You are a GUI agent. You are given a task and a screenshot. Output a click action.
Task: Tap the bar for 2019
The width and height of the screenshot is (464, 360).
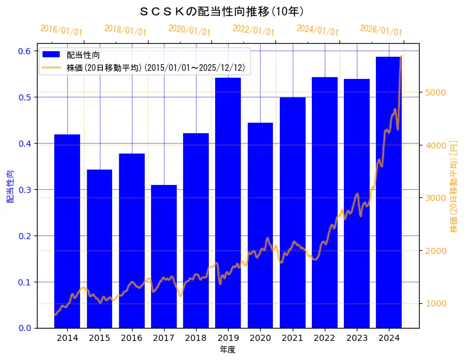(x=228, y=203)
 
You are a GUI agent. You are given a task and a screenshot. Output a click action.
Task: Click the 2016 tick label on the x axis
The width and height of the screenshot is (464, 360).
(x=131, y=338)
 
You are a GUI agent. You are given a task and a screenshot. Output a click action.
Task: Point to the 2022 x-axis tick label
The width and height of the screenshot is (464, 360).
(x=324, y=338)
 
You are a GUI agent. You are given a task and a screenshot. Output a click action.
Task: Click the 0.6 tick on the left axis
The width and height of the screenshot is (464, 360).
(x=24, y=51)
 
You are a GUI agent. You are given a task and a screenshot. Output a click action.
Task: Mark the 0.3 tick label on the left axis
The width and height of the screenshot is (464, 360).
(x=24, y=190)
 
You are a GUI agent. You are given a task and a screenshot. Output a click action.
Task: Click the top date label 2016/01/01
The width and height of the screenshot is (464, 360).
(x=61, y=30)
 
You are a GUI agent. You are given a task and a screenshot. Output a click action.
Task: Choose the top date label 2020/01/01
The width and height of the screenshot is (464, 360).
(x=189, y=30)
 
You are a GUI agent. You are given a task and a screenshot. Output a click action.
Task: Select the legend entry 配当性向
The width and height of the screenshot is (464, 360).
(x=83, y=55)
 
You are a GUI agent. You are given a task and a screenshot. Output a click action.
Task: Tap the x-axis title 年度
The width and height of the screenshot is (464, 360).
(x=228, y=350)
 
